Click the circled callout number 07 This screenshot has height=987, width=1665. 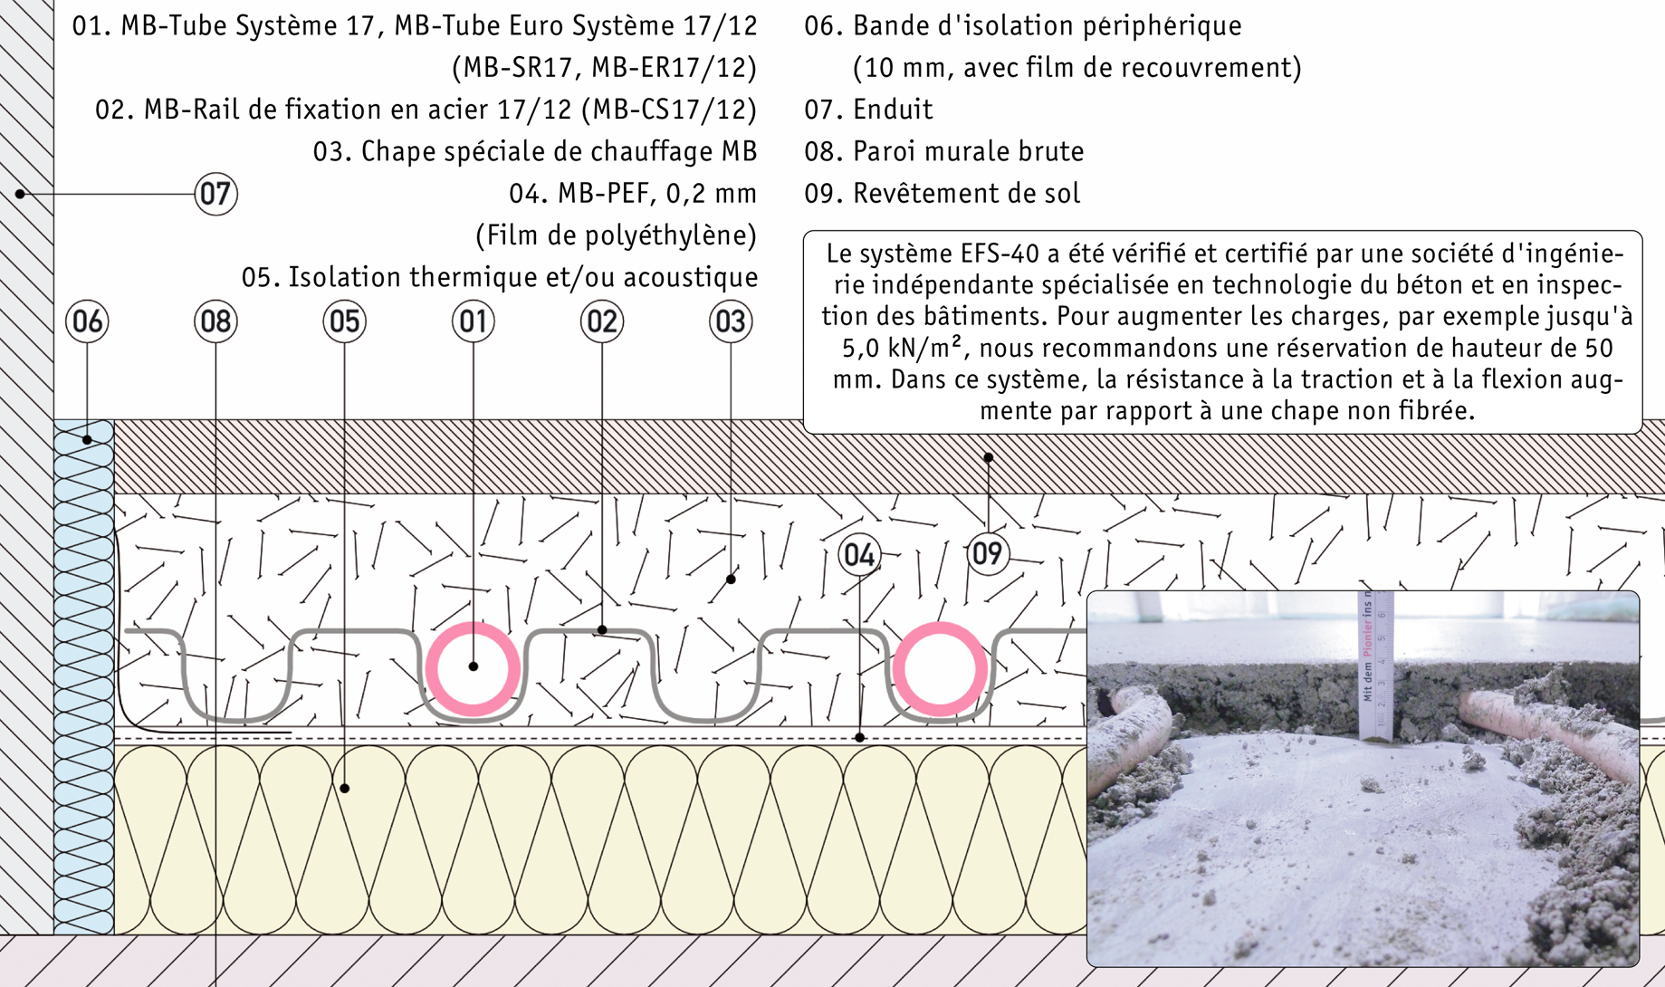(215, 194)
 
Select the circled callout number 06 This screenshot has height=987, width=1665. (87, 321)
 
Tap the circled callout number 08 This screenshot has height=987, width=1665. (215, 321)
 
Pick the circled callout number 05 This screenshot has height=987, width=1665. (344, 321)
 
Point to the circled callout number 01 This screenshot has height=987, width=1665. (473, 321)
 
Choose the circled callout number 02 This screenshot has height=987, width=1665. (601, 321)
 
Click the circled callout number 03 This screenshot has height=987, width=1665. (730, 321)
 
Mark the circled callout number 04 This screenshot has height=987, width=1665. (858, 554)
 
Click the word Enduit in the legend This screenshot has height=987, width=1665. (893, 110)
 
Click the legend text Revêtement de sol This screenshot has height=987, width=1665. (966, 193)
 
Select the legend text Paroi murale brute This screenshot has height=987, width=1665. (968, 151)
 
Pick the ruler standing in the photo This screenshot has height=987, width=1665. (1374, 666)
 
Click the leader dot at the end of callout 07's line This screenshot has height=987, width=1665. (20, 194)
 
